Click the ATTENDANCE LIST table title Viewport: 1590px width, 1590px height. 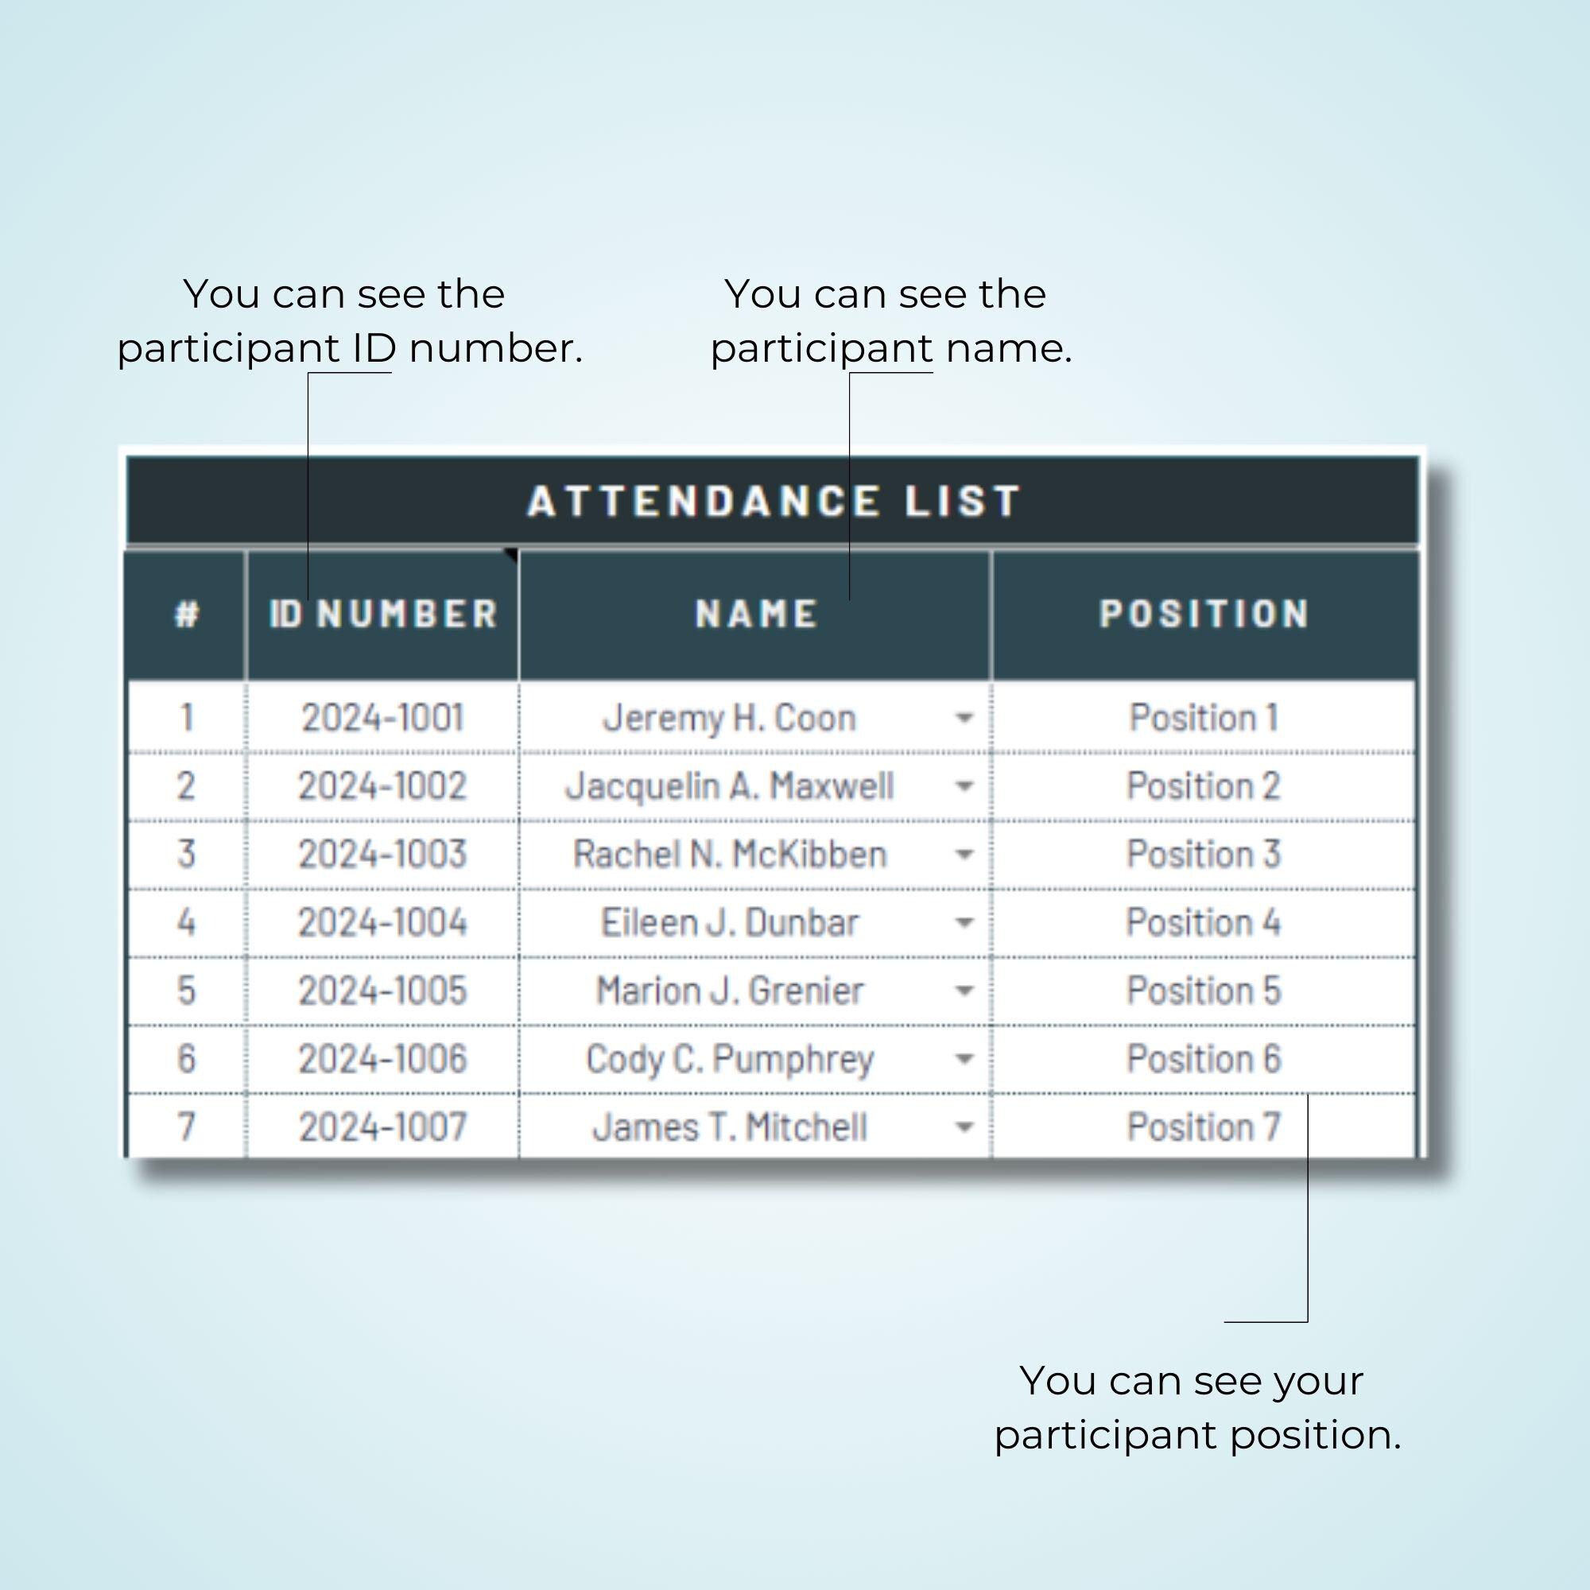coord(774,500)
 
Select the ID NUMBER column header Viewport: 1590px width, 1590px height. coord(383,614)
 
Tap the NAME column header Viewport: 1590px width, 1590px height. coord(756,614)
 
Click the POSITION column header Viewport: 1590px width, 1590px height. coord(1204,614)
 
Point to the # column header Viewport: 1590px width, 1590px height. coord(187,614)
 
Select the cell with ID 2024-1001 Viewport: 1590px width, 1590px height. coord(382,718)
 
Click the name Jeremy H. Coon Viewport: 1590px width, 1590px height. coord(729,718)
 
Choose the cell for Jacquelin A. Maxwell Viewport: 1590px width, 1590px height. coord(729,786)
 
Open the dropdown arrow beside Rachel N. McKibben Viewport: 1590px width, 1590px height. coord(964,855)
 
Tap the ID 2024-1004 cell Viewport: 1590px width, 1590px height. coord(382,922)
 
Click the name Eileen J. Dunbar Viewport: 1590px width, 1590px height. coord(729,922)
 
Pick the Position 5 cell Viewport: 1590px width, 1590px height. coord(1204,991)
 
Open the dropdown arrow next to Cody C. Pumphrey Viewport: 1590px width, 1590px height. coord(964,1059)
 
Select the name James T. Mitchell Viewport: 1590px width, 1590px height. coord(729,1127)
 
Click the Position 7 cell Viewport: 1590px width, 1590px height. coord(1204,1127)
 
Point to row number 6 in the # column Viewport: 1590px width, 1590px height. coord(187,1059)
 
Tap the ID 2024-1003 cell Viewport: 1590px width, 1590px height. coord(382,855)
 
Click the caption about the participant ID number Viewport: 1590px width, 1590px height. coord(349,321)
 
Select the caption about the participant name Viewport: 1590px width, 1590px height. coord(890,321)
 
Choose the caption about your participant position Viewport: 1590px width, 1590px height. coord(1196,1408)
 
